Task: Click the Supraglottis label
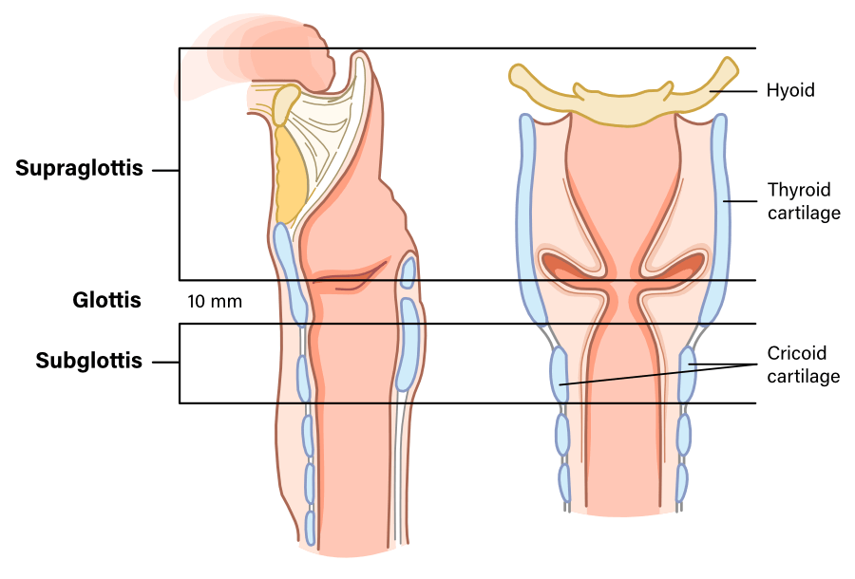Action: [79, 169]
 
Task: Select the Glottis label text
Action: [106, 301]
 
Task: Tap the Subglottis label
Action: [89, 361]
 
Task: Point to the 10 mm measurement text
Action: [215, 303]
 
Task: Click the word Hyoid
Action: [790, 91]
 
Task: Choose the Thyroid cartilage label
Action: [803, 201]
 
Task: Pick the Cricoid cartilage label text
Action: [803, 364]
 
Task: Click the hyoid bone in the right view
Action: [622, 106]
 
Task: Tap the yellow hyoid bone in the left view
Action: [285, 104]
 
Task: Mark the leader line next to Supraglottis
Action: [165, 171]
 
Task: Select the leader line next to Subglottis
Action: [165, 362]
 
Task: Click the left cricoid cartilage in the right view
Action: [558, 374]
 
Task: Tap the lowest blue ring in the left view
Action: [311, 525]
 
